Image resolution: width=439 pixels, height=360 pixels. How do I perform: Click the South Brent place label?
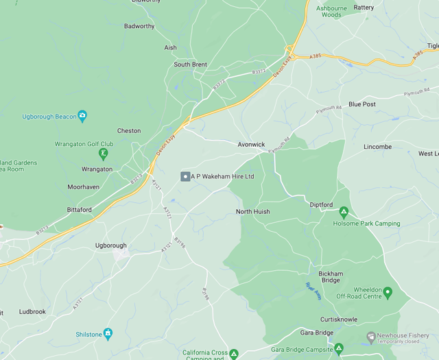click(190, 64)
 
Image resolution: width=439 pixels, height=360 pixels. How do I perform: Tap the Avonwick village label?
click(251, 145)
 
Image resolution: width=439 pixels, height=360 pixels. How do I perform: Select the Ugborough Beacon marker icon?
click(82, 115)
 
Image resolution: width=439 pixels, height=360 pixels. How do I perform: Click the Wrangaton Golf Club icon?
click(103, 154)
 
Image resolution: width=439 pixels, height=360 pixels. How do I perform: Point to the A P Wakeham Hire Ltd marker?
click(185, 177)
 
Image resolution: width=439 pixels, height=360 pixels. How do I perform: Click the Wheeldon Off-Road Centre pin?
click(388, 292)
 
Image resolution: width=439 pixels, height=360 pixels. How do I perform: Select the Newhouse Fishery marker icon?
click(371, 337)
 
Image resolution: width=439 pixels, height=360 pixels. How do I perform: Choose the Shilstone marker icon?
click(108, 334)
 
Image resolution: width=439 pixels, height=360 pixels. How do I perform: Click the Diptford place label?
click(321, 205)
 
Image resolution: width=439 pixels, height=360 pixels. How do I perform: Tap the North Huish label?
click(252, 212)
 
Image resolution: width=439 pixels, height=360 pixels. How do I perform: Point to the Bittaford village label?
click(80, 210)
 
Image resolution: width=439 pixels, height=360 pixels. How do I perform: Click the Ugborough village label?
click(110, 245)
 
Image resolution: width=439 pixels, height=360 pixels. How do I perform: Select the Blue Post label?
click(361, 104)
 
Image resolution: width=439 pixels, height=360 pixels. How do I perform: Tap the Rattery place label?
click(364, 8)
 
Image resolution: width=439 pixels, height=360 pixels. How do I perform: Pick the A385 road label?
click(315, 56)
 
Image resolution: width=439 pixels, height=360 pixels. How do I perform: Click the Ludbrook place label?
click(32, 311)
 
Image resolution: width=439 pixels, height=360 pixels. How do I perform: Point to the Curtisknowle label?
click(340, 320)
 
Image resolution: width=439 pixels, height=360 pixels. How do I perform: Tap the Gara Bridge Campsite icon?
click(338, 349)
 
